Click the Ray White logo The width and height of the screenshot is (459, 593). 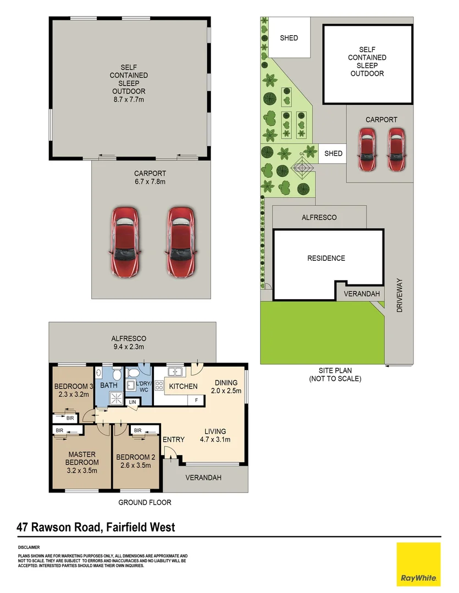[x=418, y=564]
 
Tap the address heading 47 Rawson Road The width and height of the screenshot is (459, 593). [x=96, y=528]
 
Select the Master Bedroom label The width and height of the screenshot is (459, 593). [x=82, y=458]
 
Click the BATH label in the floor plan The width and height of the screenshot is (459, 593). [x=108, y=385]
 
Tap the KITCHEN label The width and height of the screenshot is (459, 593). [x=183, y=387]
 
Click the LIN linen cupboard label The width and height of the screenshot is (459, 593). [x=132, y=402]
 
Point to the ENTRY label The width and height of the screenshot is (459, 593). [x=173, y=439]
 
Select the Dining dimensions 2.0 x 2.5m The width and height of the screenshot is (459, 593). [x=226, y=391]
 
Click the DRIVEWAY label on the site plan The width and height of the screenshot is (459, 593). [x=400, y=296]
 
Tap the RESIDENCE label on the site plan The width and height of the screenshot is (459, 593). [x=326, y=258]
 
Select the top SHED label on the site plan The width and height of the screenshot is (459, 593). [x=289, y=38]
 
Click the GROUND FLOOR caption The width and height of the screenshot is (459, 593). [x=145, y=502]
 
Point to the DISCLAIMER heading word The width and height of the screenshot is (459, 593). [x=29, y=547]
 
